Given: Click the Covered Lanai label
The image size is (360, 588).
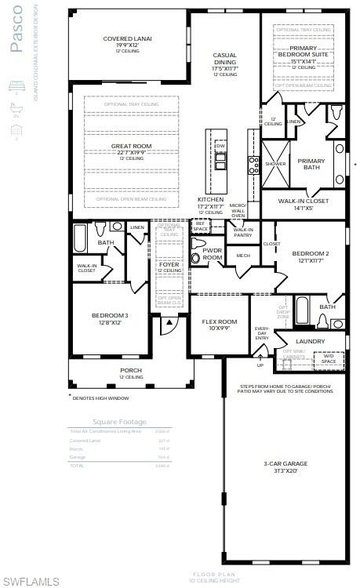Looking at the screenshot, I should tap(127, 38).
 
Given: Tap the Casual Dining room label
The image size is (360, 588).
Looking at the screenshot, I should tap(225, 60).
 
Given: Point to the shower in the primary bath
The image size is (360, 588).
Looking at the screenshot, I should tap(276, 164).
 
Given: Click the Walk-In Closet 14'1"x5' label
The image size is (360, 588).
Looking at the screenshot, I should tap(304, 201).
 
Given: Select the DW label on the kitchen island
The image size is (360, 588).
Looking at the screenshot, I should tap(220, 146).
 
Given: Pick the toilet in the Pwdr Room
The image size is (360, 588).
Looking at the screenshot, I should tap(198, 242).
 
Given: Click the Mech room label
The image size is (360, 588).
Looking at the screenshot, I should tap(243, 256).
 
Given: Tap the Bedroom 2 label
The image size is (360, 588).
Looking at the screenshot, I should tap(310, 253).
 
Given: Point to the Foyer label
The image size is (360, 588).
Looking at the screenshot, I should tap(169, 265).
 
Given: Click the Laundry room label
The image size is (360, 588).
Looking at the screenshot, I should tap(310, 341).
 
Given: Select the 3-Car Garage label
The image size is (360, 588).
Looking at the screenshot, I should tap(285, 463).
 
